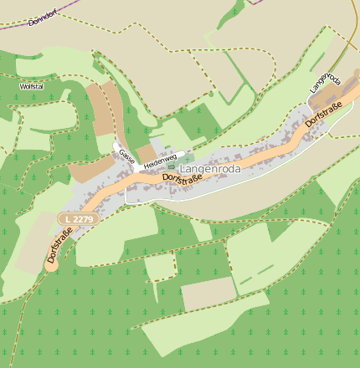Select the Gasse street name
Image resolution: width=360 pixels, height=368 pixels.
pyautogui.click(x=126, y=156)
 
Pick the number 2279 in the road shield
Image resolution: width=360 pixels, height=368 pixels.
pyautogui.click(x=81, y=219)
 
